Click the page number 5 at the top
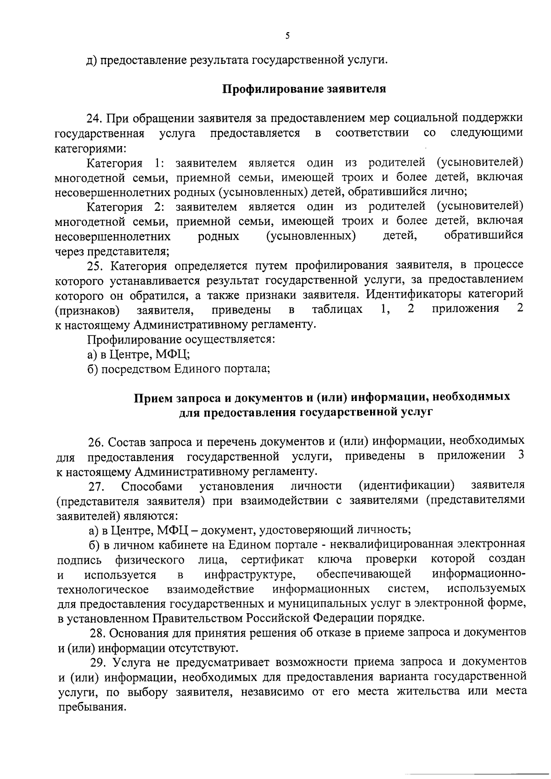(x=287, y=36)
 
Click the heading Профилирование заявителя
(x=304, y=89)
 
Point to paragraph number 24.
(x=94, y=119)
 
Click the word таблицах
(x=337, y=309)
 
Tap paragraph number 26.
(x=96, y=442)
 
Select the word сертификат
(x=272, y=559)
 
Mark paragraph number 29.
(x=97, y=662)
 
